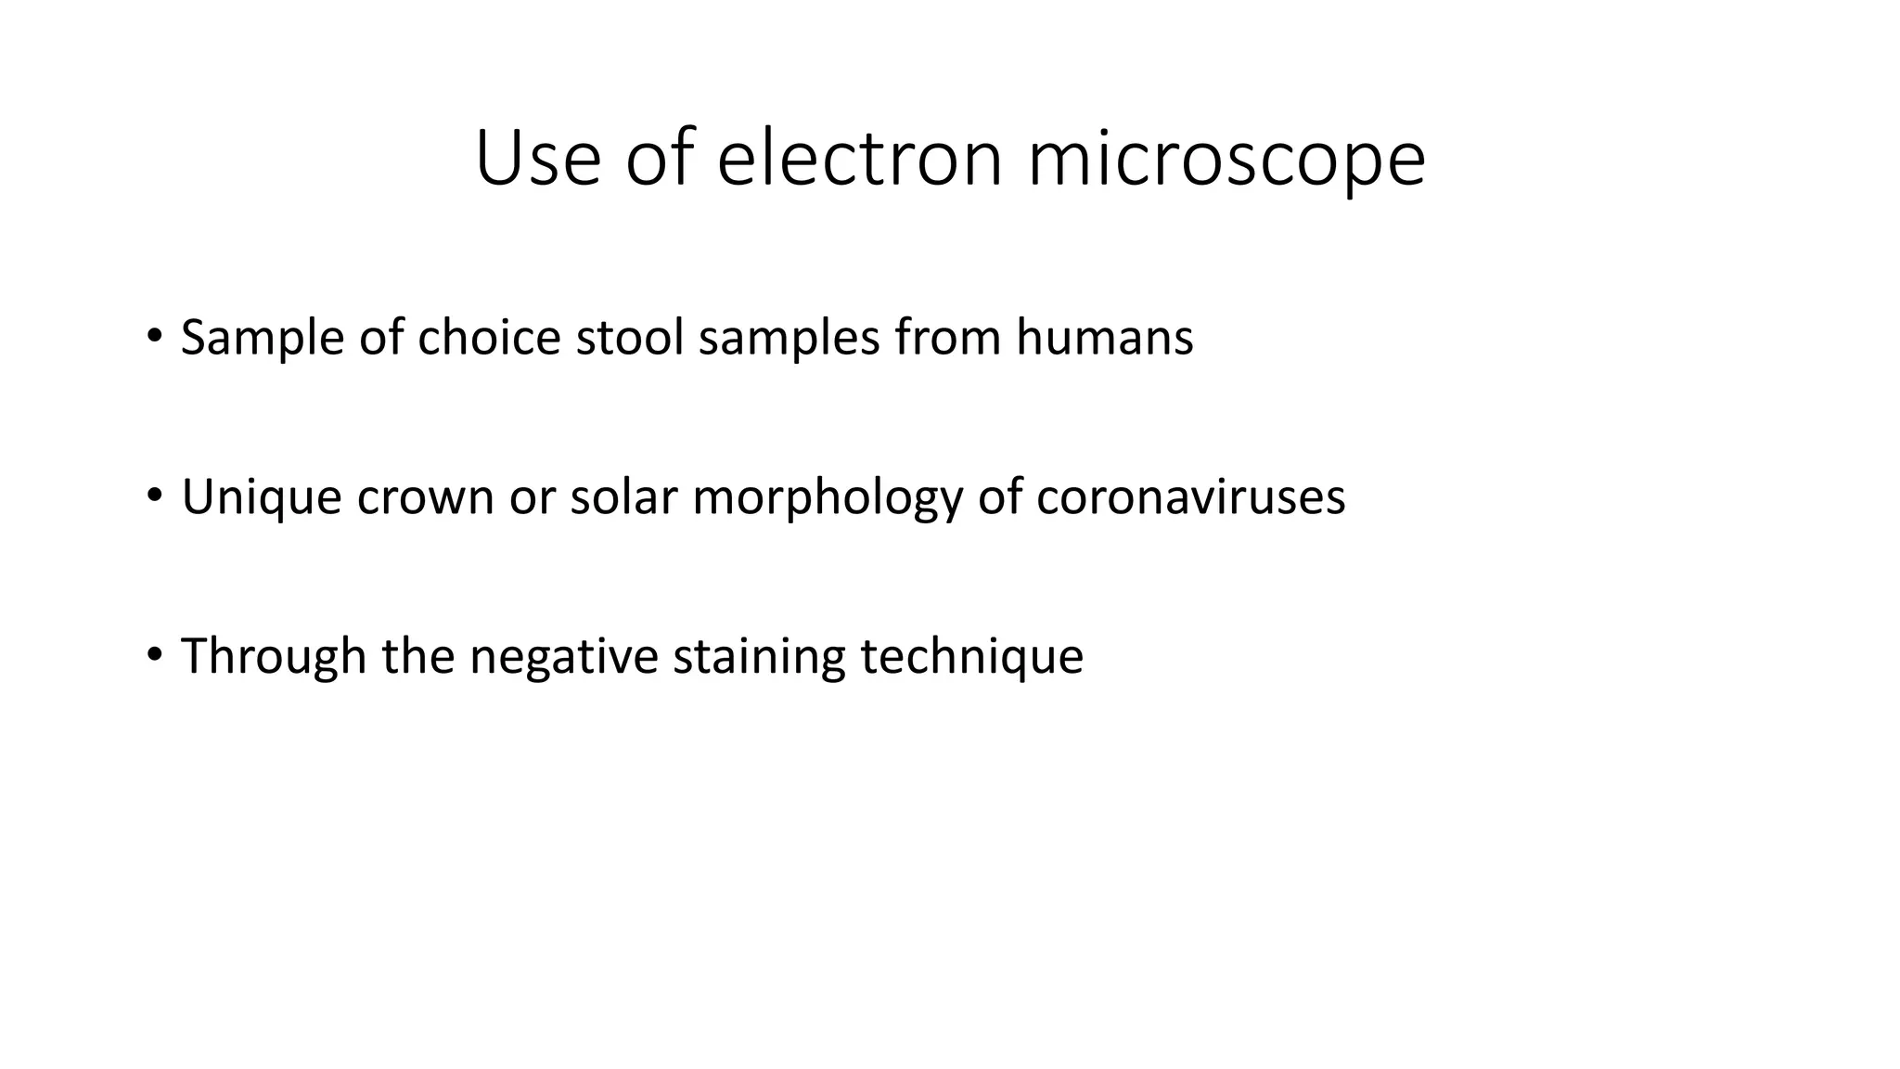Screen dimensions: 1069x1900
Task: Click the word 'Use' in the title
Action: pyautogui.click(x=537, y=160)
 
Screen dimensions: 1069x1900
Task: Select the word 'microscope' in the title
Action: pyautogui.click(x=1226, y=160)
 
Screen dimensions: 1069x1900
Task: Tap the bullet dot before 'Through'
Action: pyautogui.click(x=154, y=653)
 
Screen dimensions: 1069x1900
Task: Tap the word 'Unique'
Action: pyautogui.click(x=262, y=497)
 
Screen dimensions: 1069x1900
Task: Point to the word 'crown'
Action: pyautogui.click(x=425, y=497)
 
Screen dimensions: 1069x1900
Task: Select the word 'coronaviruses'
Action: pyautogui.click(x=1190, y=497)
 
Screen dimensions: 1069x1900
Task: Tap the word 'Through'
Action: pyautogui.click(x=274, y=657)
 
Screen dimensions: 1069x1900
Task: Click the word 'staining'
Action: pyautogui.click(x=759, y=657)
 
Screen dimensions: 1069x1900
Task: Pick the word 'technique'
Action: pyautogui.click(x=971, y=657)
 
